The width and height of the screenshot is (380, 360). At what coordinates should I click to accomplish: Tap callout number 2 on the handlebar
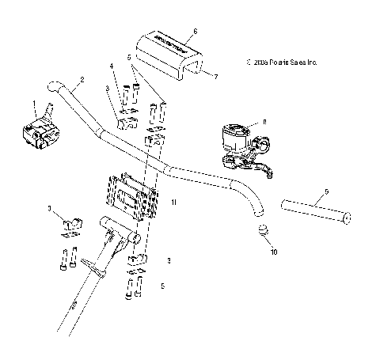[82, 79]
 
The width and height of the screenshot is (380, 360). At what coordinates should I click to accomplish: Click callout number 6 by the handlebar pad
[195, 29]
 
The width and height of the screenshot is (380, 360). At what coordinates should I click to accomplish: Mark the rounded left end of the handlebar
[52, 86]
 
